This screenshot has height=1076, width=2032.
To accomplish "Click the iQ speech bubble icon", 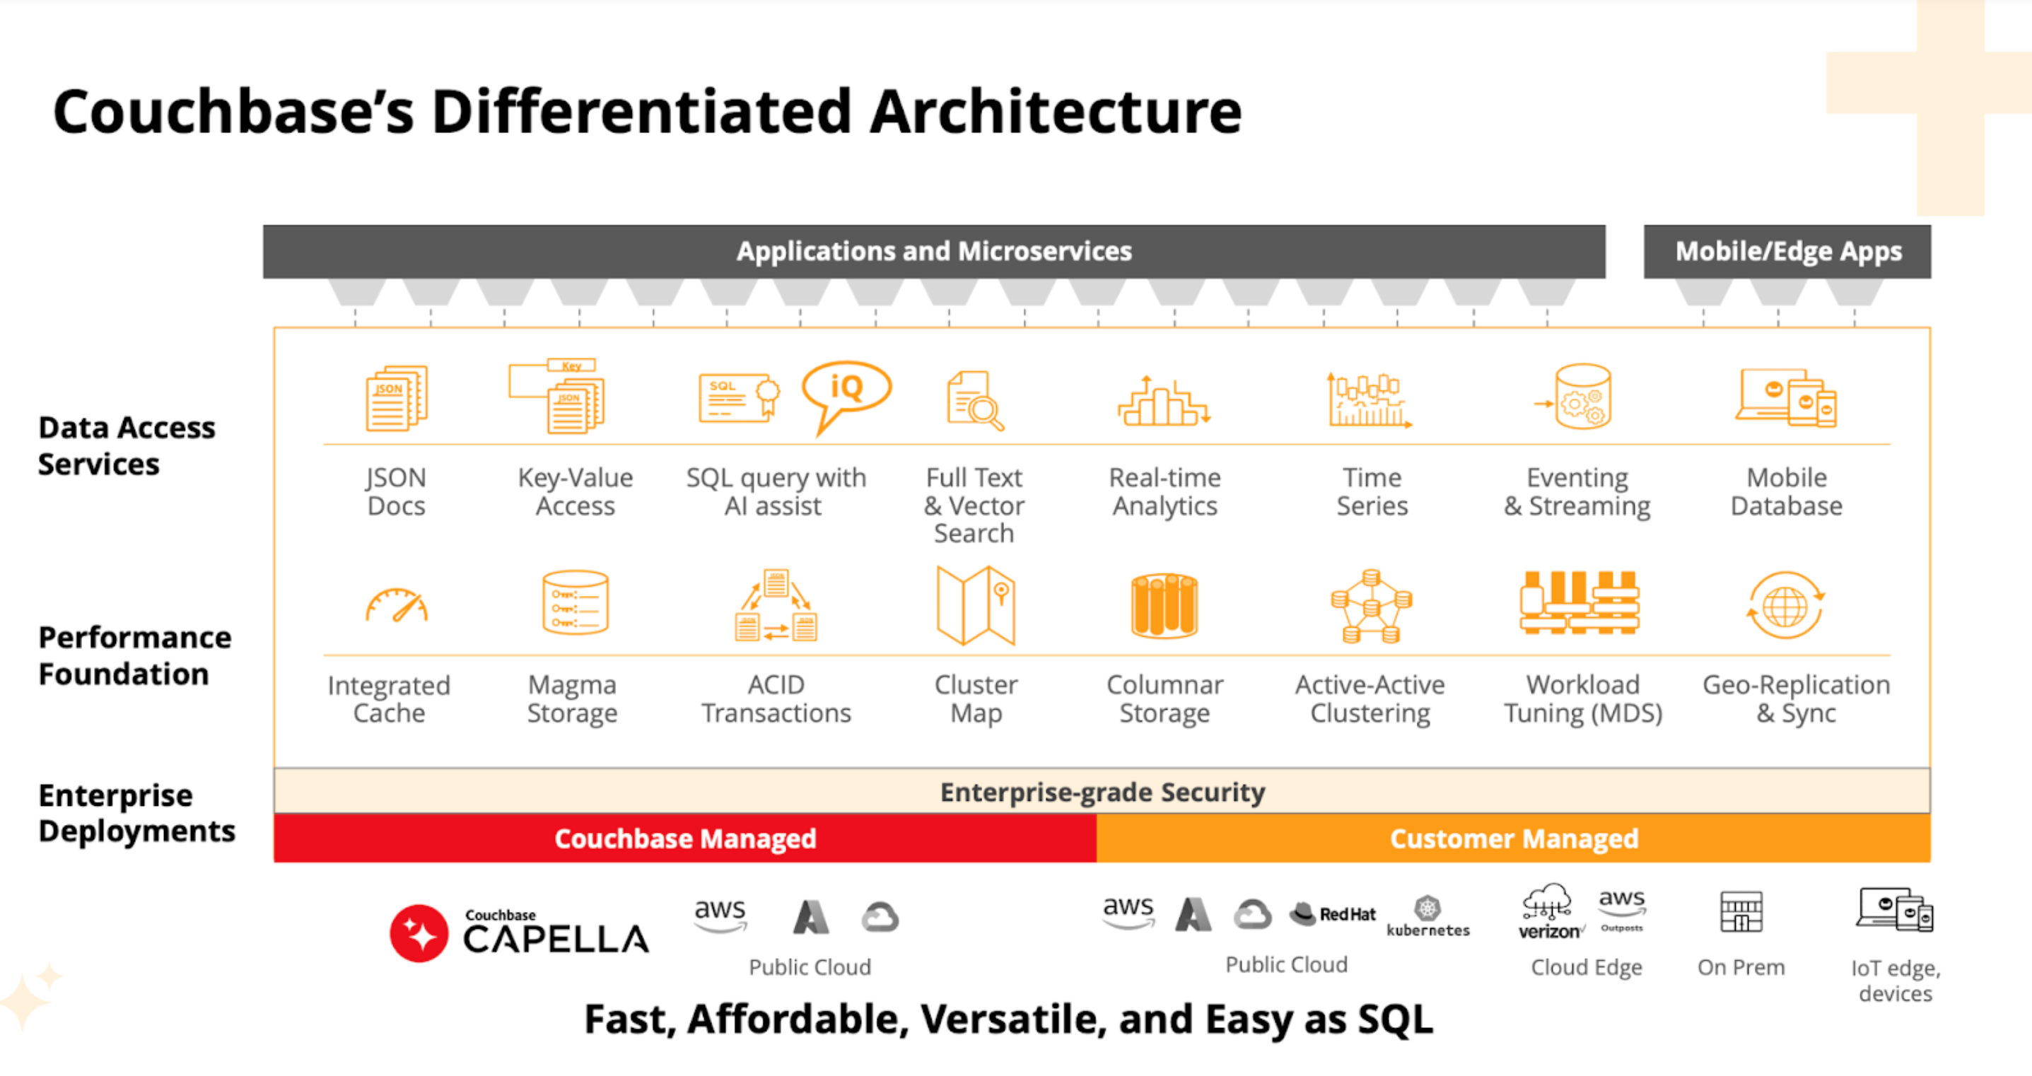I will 846,390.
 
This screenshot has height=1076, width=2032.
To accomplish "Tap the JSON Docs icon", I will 396,398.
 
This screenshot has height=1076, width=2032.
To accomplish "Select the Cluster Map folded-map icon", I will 976,605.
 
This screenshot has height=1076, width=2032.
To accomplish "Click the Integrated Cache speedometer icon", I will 396,606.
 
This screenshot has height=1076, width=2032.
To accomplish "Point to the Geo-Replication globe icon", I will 1785,606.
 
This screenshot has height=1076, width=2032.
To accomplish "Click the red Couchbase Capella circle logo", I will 419,933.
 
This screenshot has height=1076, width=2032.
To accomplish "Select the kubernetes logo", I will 1427,917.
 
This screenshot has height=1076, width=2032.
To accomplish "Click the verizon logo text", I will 1548,932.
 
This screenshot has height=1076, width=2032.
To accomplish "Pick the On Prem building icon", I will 1741,911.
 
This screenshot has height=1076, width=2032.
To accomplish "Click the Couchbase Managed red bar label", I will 684,838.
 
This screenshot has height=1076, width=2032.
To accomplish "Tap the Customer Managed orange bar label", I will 1514,838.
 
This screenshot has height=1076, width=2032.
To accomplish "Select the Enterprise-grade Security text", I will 1102,792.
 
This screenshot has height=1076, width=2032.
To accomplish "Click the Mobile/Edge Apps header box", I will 1787,252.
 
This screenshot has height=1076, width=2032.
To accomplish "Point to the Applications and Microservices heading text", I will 934,252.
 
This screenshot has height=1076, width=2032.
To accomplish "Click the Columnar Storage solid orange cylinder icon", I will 1164,606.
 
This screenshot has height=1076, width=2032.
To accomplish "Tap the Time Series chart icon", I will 1370,400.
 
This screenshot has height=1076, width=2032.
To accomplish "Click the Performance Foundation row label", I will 135,655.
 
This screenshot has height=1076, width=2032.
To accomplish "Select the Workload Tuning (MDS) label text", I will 1582,699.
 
